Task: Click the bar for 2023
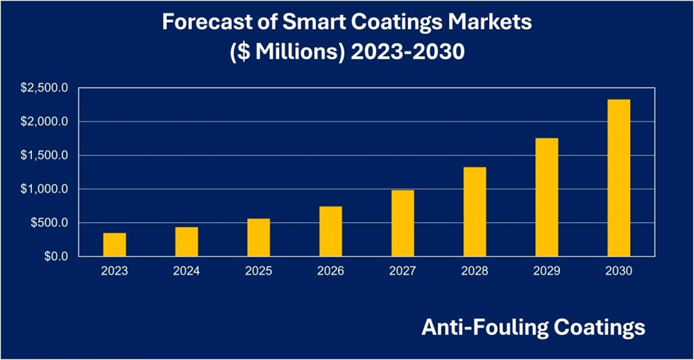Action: pos(115,245)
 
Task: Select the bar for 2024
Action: pos(187,242)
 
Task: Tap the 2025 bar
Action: pos(259,238)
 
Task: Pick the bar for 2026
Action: pos(330,232)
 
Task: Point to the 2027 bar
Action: pos(403,223)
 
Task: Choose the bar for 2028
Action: pos(475,212)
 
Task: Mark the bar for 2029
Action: pos(547,197)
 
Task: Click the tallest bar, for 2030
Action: pos(618,178)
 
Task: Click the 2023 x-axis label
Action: pos(115,271)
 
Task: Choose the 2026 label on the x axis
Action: pos(330,271)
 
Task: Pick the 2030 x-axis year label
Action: pos(618,271)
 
